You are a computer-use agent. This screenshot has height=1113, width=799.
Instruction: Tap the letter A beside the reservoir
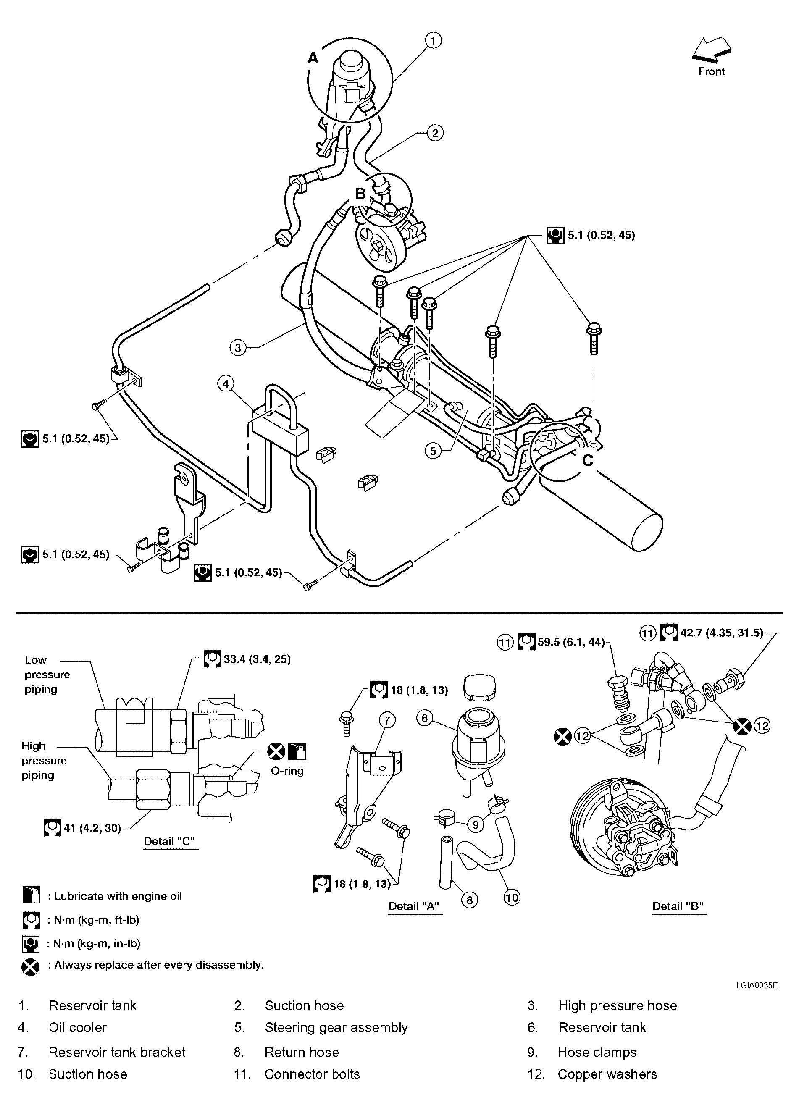(x=313, y=58)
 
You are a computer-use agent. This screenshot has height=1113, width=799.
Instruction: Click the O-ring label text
(x=287, y=771)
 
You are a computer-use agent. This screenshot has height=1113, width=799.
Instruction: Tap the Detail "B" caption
(x=678, y=906)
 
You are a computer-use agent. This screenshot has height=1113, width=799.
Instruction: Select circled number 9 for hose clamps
(x=475, y=824)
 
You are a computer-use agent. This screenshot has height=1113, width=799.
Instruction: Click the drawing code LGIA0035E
(x=756, y=985)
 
